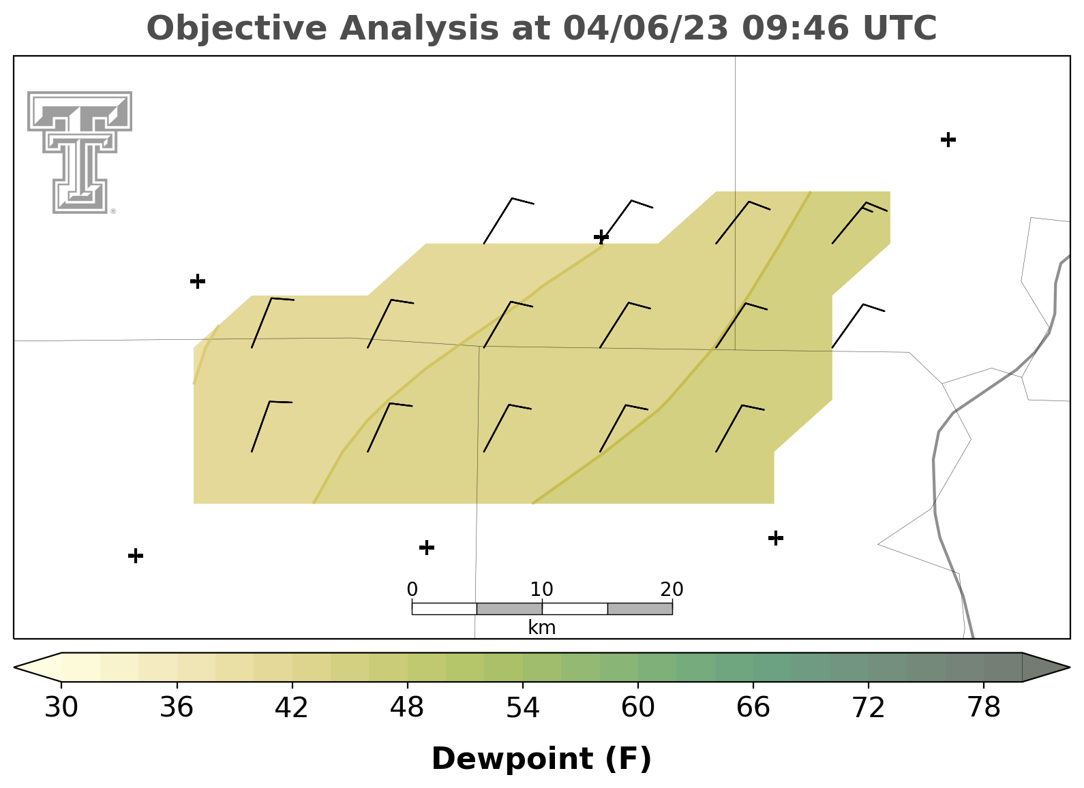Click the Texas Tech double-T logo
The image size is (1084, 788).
80,153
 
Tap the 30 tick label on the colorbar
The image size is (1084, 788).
61,708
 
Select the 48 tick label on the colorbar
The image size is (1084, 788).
407,708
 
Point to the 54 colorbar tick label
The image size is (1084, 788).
523,708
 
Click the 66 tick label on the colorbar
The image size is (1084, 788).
753,708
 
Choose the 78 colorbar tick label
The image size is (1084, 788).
984,708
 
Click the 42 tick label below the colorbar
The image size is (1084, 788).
291,708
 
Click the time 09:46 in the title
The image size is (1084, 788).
795,28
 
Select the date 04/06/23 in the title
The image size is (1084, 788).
646,28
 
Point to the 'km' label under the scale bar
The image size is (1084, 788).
541,627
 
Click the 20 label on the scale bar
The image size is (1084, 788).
672,589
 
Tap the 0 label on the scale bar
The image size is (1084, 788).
412,589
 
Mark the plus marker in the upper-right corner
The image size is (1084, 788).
948,140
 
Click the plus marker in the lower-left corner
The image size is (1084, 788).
136,556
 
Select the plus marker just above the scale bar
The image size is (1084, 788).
426,548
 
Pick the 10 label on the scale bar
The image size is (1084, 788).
541,589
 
